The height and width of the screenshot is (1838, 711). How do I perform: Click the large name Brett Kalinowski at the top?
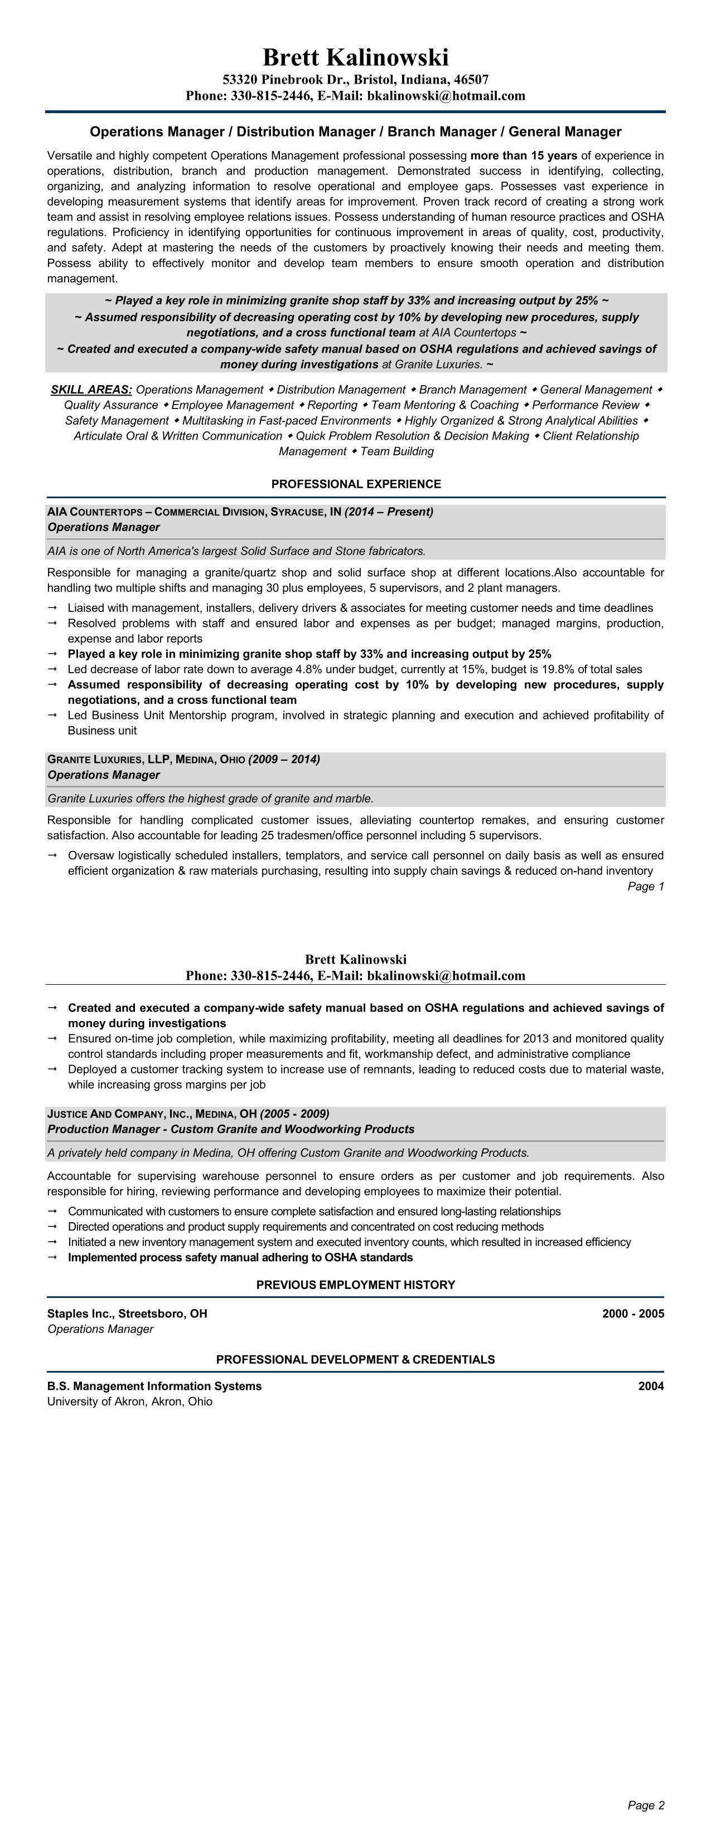[x=356, y=57]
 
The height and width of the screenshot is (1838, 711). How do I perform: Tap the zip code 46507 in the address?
[x=471, y=79]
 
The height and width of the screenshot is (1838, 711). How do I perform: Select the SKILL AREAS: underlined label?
[x=91, y=390]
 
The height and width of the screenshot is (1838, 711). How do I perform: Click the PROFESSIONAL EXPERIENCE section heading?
[x=356, y=484]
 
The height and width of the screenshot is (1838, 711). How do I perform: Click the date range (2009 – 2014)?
[x=283, y=759]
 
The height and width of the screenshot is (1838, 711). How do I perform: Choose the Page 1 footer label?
[x=645, y=886]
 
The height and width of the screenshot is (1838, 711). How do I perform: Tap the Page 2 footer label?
[x=645, y=1805]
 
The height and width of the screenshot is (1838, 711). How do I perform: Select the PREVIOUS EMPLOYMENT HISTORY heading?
[x=356, y=1285]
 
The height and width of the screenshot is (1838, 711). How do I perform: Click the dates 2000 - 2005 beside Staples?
[x=632, y=1314]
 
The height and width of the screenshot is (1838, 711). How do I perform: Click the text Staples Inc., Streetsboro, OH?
[x=127, y=1314]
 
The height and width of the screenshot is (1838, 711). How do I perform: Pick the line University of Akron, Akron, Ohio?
[x=129, y=1401]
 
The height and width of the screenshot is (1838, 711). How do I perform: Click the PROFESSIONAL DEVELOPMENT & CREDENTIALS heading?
[x=356, y=1359]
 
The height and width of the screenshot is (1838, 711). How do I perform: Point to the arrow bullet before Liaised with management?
[x=52, y=608]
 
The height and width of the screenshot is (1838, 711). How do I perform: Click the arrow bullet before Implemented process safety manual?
[x=52, y=1257]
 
